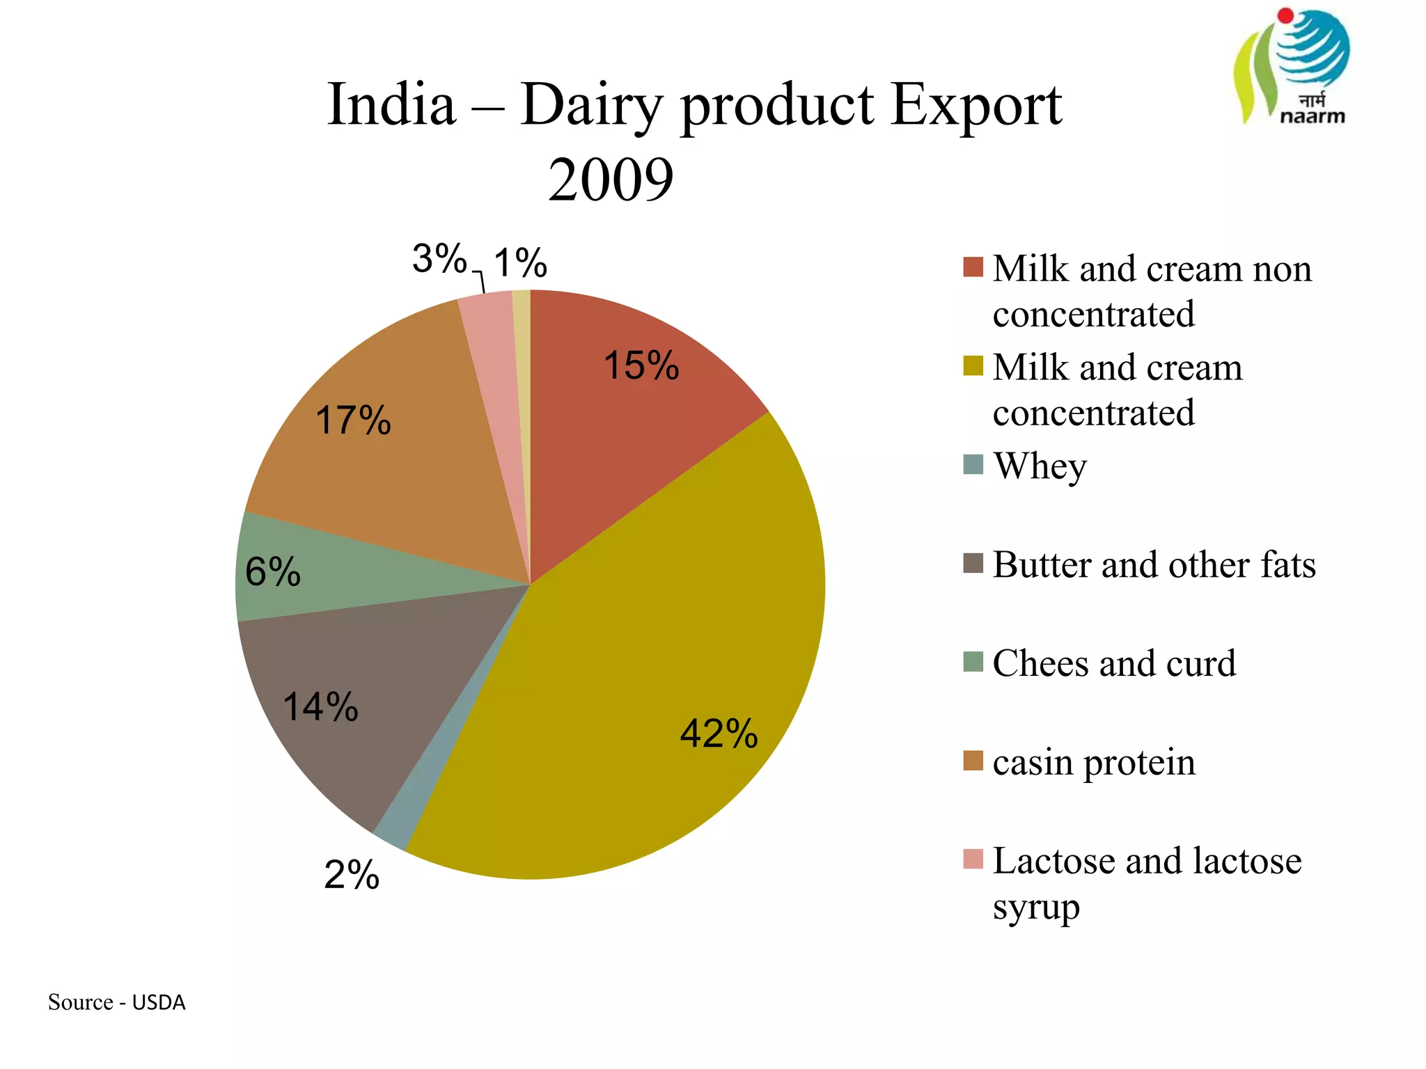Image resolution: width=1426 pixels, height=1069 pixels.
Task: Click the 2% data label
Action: tap(352, 875)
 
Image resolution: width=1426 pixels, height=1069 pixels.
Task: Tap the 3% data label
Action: tap(439, 259)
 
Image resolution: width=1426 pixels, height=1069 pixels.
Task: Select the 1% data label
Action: tap(520, 263)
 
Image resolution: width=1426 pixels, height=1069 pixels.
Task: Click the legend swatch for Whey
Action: tap(973, 464)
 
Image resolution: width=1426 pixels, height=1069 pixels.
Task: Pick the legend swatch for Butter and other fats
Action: tap(973, 563)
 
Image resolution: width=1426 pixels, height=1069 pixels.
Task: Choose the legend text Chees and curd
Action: tap(1114, 663)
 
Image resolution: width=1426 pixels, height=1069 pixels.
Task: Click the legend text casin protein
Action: tap(1093, 762)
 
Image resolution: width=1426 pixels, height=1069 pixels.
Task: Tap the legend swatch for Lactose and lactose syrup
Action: tap(973, 860)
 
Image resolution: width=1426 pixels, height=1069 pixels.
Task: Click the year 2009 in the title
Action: tap(611, 180)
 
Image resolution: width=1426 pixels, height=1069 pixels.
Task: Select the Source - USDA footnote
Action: tap(117, 1002)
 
